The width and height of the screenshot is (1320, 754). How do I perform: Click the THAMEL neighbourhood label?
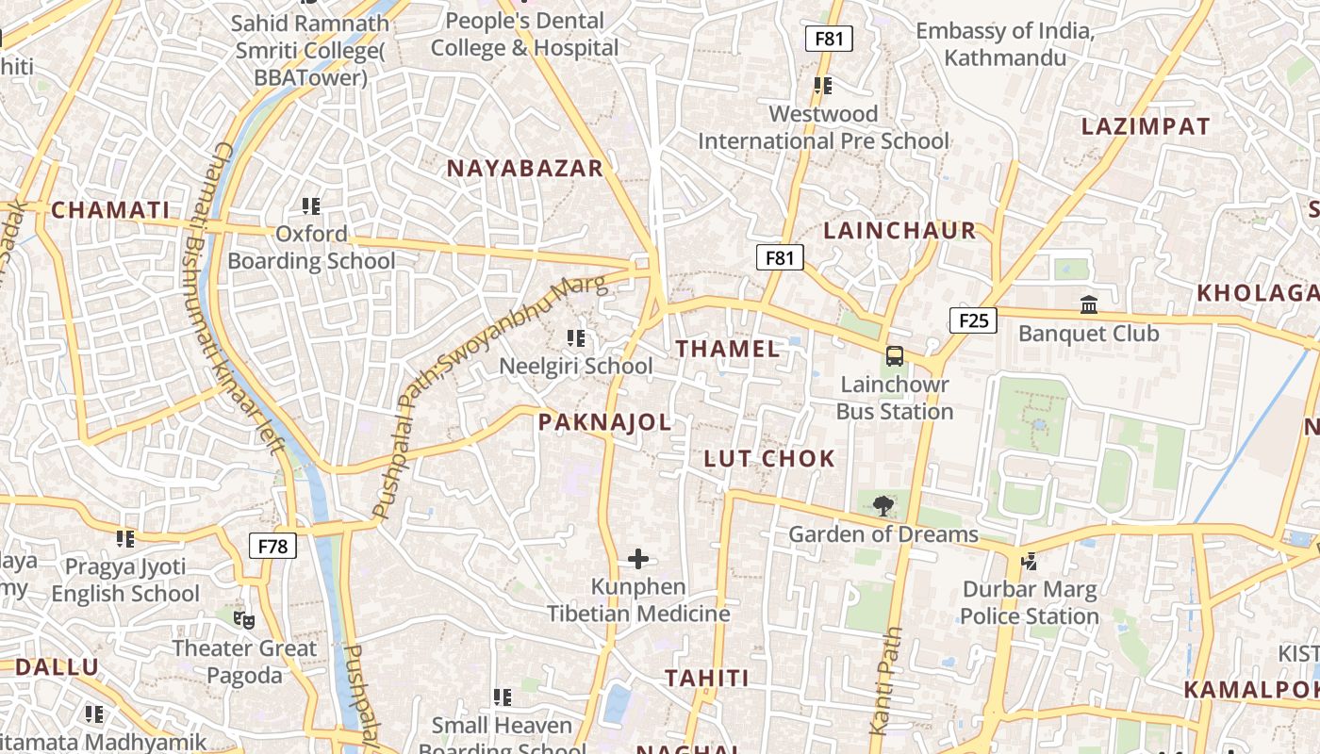pyautogui.click(x=728, y=349)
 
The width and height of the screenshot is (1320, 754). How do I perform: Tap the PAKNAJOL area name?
pyautogui.click(x=605, y=422)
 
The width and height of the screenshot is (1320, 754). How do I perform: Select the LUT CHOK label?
pyautogui.click(x=769, y=459)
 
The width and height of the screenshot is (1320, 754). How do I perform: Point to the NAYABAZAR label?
pyautogui.click(x=524, y=169)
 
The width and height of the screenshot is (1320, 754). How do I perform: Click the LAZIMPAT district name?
pyautogui.click(x=1146, y=126)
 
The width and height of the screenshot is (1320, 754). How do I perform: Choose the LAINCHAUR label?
pyautogui.click(x=899, y=231)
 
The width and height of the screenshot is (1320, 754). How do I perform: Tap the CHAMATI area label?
pyautogui.click(x=110, y=210)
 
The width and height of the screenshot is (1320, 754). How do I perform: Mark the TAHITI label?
pyautogui.click(x=707, y=679)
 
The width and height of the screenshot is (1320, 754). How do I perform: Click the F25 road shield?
pyautogui.click(x=972, y=320)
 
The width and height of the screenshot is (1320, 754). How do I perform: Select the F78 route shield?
pyautogui.click(x=272, y=546)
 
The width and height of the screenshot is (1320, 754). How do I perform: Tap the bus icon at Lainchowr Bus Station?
pyautogui.click(x=894, y=357)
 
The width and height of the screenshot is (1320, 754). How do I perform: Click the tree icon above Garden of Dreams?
pyautogui.click(x=883, y=506)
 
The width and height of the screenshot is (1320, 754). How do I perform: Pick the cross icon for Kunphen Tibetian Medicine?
pyautogui.click(x=638, y=560)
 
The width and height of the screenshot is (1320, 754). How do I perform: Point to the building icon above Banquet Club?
pyautogui.click(x=1089, y=305)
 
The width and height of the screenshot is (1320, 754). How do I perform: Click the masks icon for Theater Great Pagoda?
pyautogui.click(x=244, y=620)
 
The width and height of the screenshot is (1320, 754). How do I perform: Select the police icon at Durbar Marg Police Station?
pyautogui.click(x=1029, y=562)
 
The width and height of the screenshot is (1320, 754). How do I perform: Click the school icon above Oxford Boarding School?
pyautogui.click(x=311, y=205)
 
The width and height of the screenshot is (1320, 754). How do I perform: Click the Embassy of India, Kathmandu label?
pyautogui.click(x=1005, y=44)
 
